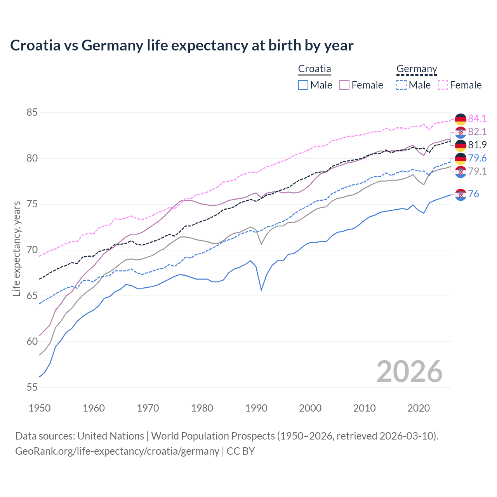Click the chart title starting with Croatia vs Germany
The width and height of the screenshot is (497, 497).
pos(182,45)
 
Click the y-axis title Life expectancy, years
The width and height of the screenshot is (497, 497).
pos(16,249)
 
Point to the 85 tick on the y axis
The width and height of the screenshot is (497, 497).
pos(32,113)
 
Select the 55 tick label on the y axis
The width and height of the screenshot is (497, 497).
pos(32,387)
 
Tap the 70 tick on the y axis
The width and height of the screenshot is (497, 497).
pos(32,250)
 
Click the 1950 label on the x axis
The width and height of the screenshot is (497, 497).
pos(40,408)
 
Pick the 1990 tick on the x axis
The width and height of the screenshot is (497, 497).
pos(256,408)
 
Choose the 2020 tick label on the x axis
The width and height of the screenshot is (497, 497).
pos(419,408)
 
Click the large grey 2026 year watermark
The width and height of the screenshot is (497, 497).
pos(410,372)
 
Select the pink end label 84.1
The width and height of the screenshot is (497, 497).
pos(477,118)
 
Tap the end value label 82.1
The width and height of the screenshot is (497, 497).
pos(477,132)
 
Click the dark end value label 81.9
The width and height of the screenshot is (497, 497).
pos(477,145)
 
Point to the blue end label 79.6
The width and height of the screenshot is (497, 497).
pos(477,158)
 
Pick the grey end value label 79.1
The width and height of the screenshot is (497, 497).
pos(477,171)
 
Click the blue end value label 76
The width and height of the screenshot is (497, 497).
pos(474,194)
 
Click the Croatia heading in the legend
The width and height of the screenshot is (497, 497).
pos(315,69)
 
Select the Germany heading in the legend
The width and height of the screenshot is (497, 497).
pos(417,69)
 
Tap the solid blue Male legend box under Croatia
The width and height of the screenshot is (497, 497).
pos(303,85)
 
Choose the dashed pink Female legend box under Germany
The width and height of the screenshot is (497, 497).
pos(443,85)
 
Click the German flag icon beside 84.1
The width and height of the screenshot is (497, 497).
pos(461,119)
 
